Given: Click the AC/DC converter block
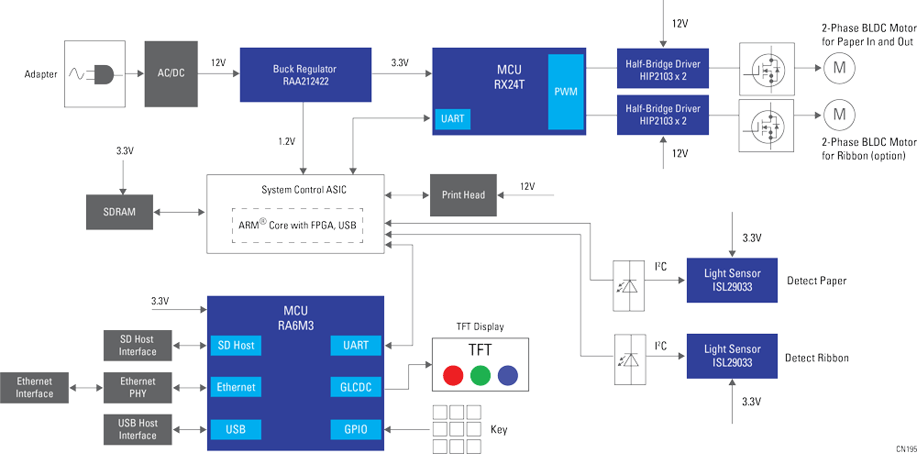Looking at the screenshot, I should point(171,73).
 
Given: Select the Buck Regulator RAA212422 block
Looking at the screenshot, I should point(305,74).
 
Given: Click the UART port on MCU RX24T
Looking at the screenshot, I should point(453,119).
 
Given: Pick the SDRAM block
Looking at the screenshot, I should point(118,212).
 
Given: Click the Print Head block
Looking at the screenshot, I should point(463,194).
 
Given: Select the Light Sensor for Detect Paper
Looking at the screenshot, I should point(732,280).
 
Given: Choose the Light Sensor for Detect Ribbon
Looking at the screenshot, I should point(732,356).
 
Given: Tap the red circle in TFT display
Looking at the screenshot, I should point(452,374).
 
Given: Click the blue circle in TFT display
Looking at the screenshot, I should point(507,374).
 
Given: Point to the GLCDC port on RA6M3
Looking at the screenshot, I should point(355,387).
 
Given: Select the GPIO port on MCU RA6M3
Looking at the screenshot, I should point(355,429).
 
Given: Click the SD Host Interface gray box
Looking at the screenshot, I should point(138,346).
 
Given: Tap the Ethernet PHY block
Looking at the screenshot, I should point(138,388).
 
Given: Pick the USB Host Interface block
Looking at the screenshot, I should point(138,429).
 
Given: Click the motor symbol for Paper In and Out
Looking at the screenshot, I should point(837,66).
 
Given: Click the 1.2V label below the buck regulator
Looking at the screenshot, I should point(287,141).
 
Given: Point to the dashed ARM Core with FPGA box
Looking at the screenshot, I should point(296,225).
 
